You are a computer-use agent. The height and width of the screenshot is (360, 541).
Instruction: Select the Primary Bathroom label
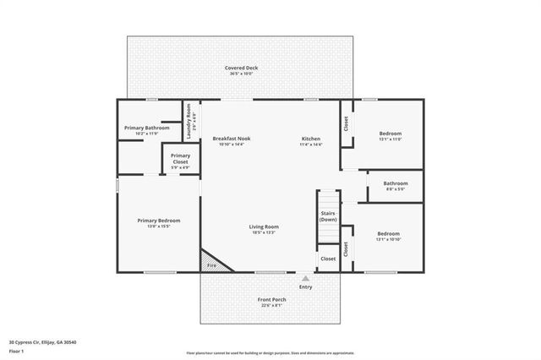pos(146,130)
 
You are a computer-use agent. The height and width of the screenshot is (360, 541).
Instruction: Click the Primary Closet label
pos(180,159)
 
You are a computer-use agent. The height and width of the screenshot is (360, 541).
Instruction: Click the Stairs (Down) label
pos(329,216)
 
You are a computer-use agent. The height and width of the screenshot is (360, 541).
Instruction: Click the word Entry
pos(305,286)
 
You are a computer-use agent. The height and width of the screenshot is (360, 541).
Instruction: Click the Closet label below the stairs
pos(328,259)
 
